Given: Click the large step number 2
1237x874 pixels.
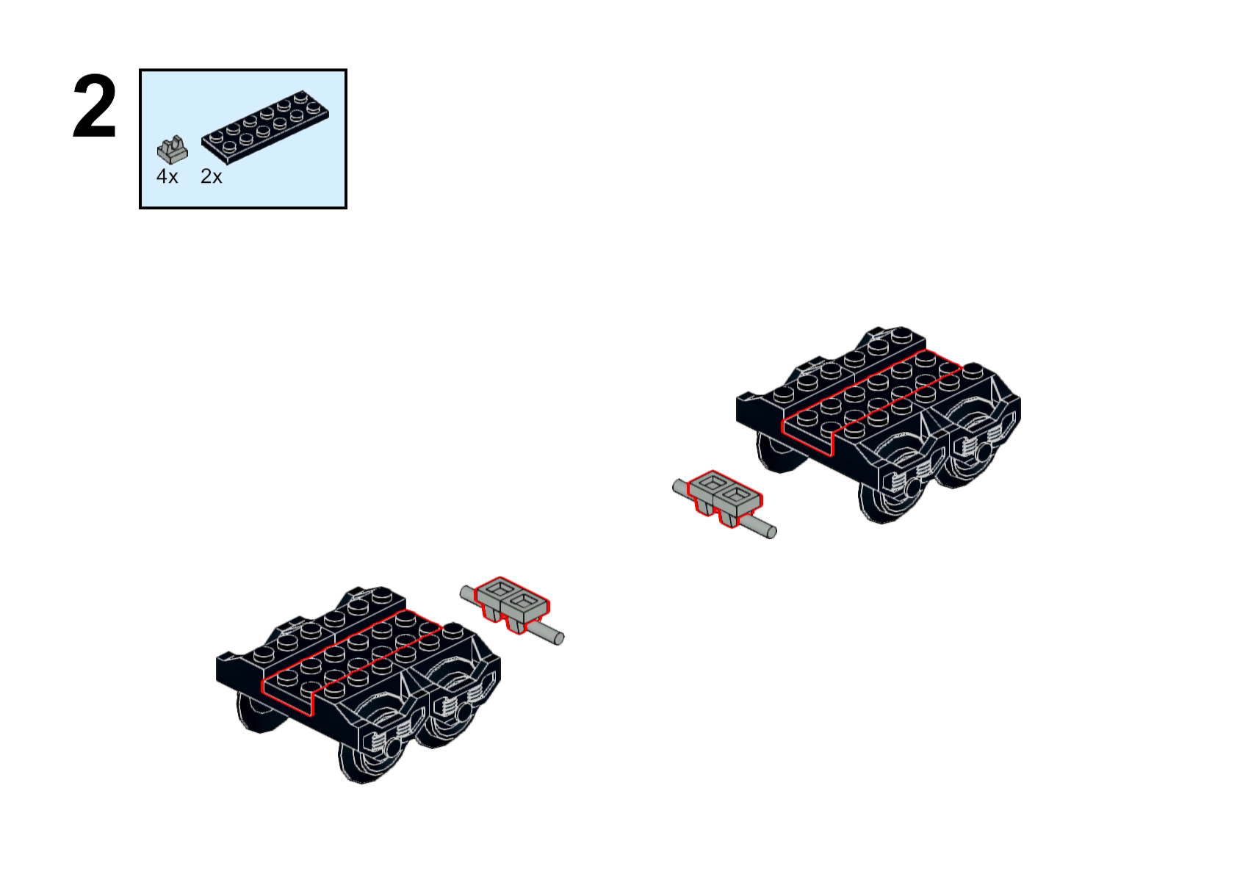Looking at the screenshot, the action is [95, 106].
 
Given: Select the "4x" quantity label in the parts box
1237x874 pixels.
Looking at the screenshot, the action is [167, 177].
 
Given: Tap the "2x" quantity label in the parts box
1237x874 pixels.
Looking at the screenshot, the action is [212, 177].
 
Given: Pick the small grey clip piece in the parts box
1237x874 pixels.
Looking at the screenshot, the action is [173, 150].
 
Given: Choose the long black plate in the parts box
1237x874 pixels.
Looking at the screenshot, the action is [265, 128].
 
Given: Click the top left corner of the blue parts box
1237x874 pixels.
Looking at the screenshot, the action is [140, 70].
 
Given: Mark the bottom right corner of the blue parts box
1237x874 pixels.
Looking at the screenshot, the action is [346, 208].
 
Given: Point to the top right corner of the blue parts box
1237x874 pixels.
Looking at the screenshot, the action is [346, 70].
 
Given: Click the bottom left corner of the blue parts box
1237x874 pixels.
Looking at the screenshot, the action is [140, 208].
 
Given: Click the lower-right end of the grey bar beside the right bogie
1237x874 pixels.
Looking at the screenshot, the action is [772, 532].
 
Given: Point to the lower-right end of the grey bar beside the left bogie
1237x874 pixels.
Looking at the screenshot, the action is [559, 639].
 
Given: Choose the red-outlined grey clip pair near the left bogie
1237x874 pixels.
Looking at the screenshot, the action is [512, 603].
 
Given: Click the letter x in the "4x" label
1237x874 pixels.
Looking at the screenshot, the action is [173, 178].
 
